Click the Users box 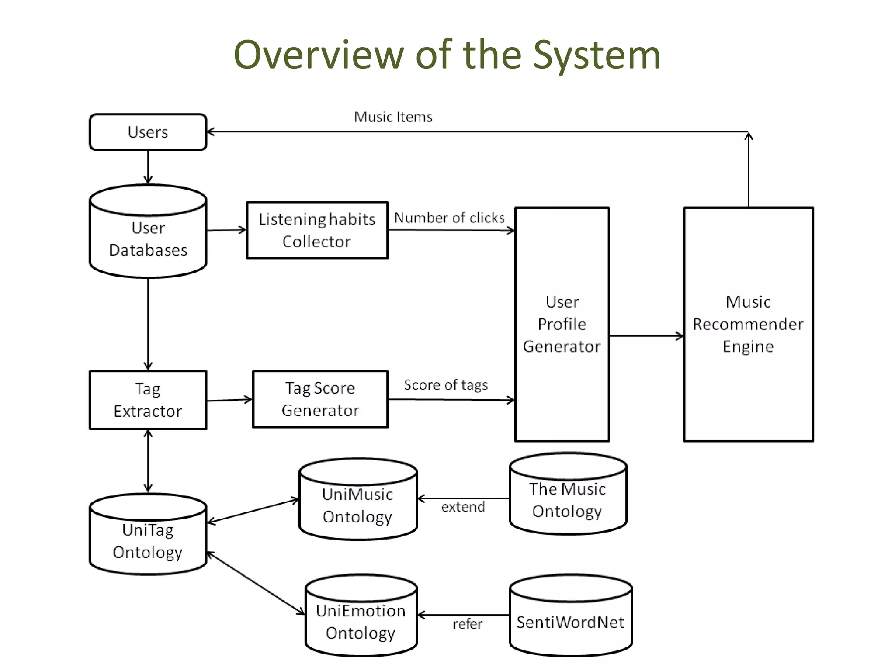148,132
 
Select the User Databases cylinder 148,238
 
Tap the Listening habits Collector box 317,230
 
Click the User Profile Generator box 562,324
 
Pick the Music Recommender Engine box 748,324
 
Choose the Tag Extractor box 148,400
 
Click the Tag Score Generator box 320,399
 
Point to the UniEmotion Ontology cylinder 361,622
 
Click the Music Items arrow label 393,117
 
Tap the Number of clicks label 449,218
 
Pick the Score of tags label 446,385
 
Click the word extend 463,507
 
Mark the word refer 467,624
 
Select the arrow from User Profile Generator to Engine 646,336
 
